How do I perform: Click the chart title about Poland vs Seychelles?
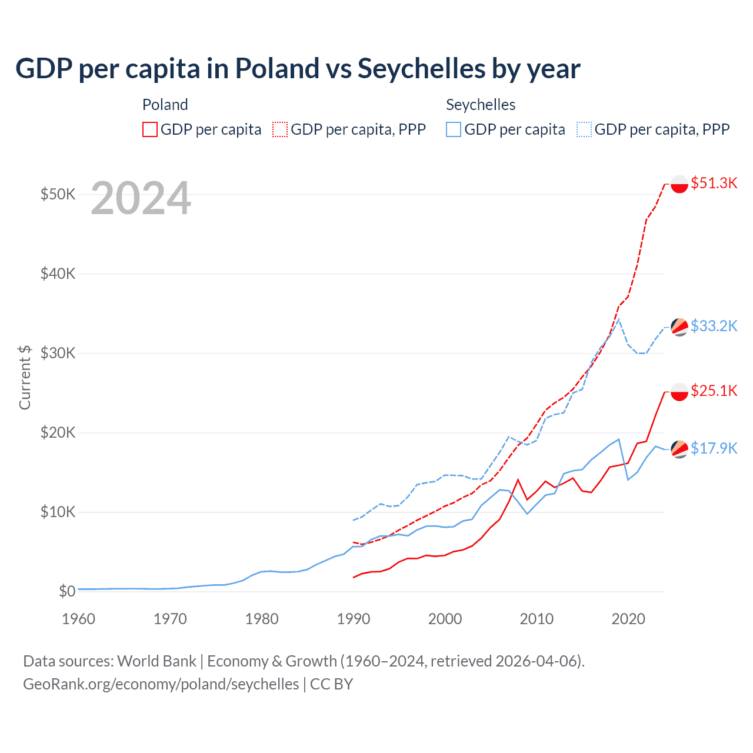[298, 69]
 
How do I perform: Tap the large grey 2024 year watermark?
[141, 199]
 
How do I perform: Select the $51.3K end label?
[714, 183]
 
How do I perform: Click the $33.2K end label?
[714, 326]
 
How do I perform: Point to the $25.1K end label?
[714, 391]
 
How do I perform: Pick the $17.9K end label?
[714, 448]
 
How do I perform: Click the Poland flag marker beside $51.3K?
[679, 184]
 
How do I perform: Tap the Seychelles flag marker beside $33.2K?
[679, 327]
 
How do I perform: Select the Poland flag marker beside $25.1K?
[679, 392]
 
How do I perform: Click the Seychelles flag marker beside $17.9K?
[679, 449]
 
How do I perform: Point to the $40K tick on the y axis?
[58, 274]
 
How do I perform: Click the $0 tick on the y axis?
[67, 591]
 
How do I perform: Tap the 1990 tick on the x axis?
[354, 619]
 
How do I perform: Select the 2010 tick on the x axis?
[537, 619]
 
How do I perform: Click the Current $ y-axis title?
[25, 377]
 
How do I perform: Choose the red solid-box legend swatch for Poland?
[150, 129]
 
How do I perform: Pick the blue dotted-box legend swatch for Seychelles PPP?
[584, 129]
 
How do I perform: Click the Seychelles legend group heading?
[481, 105]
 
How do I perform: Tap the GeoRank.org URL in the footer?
[161, 684]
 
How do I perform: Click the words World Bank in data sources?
[156, 661]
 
